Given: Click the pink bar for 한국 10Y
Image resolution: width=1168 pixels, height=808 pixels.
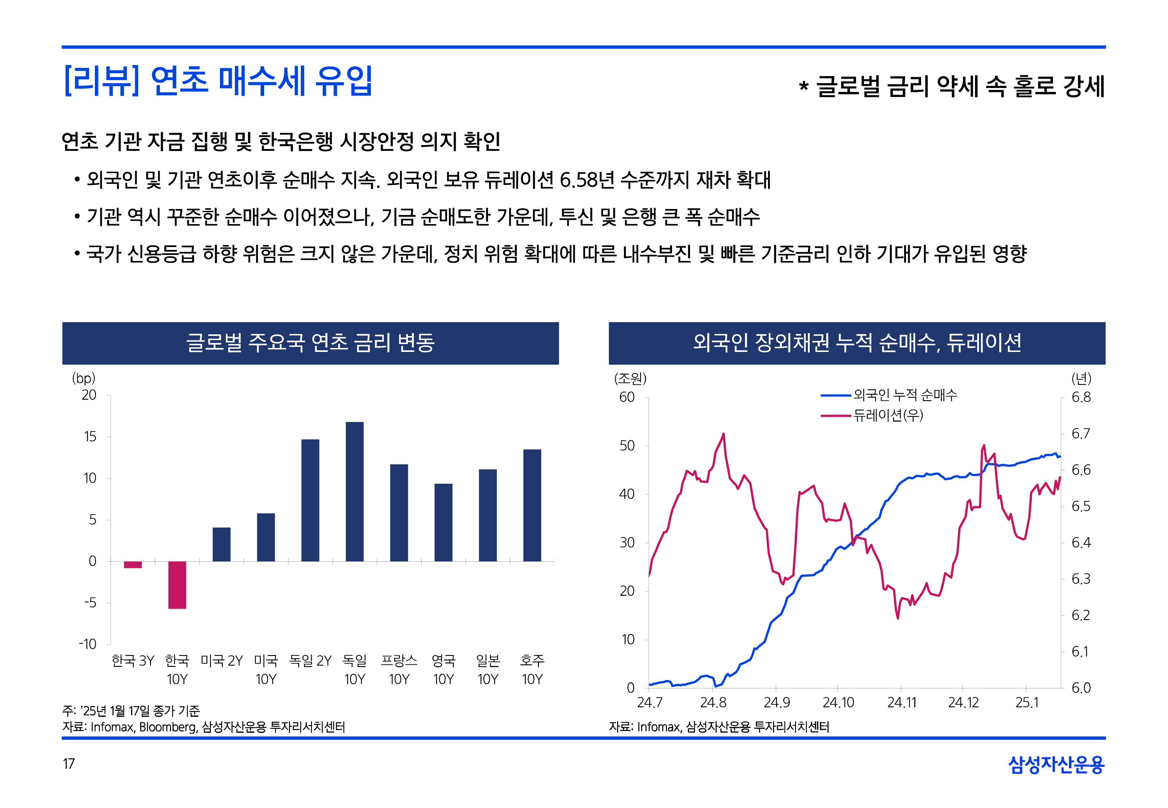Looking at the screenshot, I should tap(177, 585).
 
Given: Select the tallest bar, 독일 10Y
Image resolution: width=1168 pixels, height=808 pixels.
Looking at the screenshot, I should tap(355, 491).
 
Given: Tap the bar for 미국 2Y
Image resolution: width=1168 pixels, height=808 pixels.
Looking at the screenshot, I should tap(221, 544).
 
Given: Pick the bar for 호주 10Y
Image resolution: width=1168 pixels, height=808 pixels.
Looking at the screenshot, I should tap(532, 505).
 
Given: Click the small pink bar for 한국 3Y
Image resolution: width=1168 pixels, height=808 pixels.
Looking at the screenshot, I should tap(133, 565).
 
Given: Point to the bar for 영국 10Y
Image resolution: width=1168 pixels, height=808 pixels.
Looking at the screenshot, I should tap(443, 523).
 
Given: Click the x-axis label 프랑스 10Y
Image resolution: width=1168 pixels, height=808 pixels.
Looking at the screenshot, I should tap(399, 669).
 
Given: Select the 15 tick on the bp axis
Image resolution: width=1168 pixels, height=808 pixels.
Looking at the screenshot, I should tap(89, 436).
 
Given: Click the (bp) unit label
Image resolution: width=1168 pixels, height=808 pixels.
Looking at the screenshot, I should tap(84, 378).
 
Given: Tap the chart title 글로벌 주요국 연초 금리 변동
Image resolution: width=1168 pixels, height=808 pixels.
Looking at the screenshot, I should tap(311, 343).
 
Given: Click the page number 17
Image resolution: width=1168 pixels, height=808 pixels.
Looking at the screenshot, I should tap(69, 763).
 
